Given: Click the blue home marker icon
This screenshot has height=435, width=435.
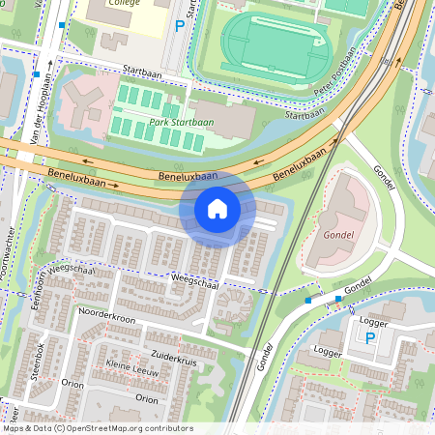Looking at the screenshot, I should tap(217, 209).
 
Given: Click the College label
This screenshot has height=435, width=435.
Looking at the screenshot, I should tap(124, 3).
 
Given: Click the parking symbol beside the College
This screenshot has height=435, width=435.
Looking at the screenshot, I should tap(179, 26).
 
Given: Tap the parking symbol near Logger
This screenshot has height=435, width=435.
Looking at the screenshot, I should tap(370, 338).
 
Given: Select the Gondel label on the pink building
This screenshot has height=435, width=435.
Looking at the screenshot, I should tap(335, 236).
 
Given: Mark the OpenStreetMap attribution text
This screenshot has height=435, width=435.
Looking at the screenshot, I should tap(97, 428).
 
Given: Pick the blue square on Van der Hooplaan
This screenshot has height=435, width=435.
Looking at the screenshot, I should tap(36, 73).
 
